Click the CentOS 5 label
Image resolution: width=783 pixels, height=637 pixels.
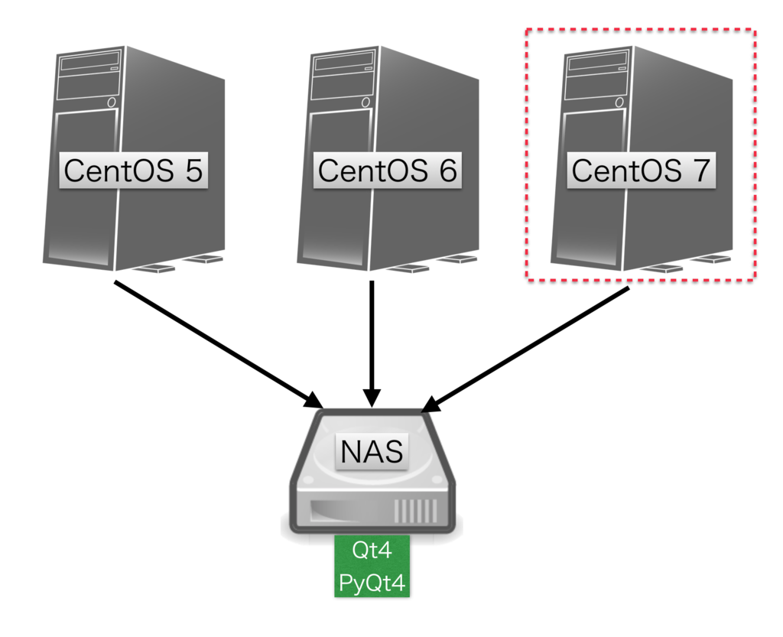133,171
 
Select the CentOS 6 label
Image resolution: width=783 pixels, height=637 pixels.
388,171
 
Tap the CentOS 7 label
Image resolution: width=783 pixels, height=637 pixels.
642,171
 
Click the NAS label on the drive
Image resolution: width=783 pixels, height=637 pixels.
372,451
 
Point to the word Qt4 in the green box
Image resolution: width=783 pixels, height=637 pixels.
372,550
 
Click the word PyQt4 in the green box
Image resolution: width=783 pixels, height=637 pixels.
372,583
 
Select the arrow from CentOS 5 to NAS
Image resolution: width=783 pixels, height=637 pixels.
219,344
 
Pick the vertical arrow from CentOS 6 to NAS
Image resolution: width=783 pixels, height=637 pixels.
372,344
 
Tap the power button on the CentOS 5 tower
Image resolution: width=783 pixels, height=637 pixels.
112,102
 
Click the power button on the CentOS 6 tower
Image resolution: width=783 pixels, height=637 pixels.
366,102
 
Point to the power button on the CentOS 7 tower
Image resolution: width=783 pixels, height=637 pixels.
619,102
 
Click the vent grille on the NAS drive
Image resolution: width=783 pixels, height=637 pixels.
415,511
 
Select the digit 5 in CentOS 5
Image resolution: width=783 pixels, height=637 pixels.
194,171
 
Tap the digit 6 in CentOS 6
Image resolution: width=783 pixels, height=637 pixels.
448,171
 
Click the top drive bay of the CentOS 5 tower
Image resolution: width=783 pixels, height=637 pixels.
90,63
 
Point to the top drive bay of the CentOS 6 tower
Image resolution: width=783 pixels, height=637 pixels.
344,63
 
